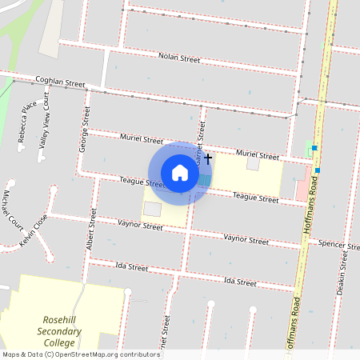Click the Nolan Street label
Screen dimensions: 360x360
(179, 58)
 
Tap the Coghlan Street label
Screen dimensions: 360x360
(59, 82)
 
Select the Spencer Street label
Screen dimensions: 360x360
(337, 243)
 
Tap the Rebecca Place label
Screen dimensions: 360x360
(26, 121)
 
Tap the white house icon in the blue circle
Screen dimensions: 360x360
(180, 173)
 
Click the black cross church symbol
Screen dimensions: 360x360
(208, 158)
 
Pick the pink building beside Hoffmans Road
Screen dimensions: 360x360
(302, 190)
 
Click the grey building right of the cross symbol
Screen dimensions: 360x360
(253, 164)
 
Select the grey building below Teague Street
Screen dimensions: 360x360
(152, 209)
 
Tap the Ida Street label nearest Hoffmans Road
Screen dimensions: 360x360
(239, 282)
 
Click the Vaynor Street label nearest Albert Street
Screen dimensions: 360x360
(140, 226)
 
